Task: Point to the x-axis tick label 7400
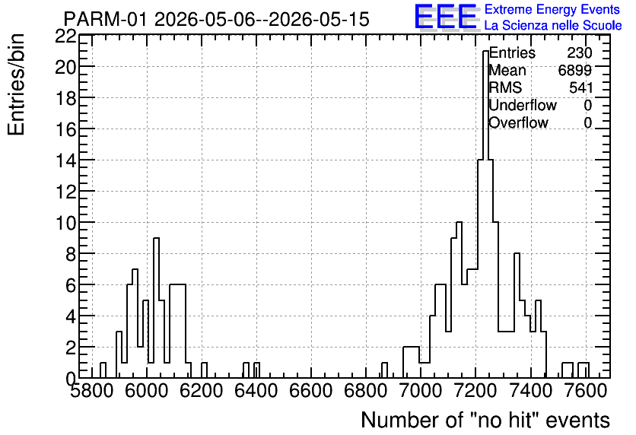(530, 391)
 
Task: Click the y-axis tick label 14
(65, 160)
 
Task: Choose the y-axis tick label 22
(65, 37)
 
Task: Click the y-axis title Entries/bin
(16, 84)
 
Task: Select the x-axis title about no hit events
(485, 420)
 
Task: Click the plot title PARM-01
(105, 19)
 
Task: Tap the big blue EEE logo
(445, 17)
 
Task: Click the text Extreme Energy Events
(552, 9)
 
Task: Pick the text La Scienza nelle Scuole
(553, 25)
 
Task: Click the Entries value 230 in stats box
(580, 52)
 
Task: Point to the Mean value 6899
(574, 70)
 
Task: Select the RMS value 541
(580, 87)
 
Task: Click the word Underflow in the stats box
(523, 105)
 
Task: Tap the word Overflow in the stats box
(518, 122)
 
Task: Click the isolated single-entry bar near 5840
(103, 370)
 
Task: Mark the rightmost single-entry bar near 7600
(584, 370)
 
